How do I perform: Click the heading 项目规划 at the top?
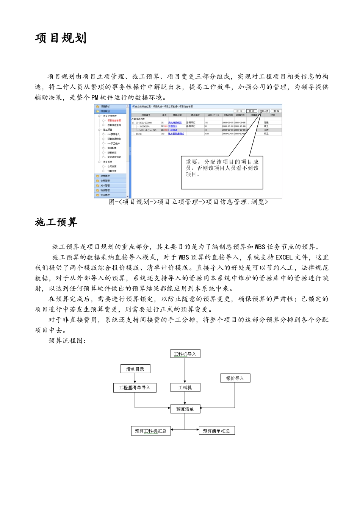pyautogui.click(x=61, y=38)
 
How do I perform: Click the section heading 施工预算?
pyautogui.click(x=56, y=222)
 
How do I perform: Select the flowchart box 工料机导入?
pyautogui.click(x=185, y=354)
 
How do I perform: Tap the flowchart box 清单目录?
pyautogui.click(x=135, y=369)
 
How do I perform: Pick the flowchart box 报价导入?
pyautogui.click(x=235, y=378)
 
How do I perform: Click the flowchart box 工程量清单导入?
pyautogui.click(x=135, y=388)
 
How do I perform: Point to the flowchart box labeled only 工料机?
pyautogui.click(x=185, y=387)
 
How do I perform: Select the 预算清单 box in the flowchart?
pyautogui.click(x=185, y=409)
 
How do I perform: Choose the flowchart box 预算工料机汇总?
pyautogui.click(x=150, y=431)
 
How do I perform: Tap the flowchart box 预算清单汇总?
pyautogui.click(x=216, y=431)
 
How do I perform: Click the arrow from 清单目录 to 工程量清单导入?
pyautogui.click(x=135, y=378)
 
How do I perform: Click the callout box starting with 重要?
pyautogui.click(x=222, y=172)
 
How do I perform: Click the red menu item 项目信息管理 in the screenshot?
pyautogui.click(x=114, y=120)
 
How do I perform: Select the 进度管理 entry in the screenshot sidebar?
pyautogui.click(x=105, y=176)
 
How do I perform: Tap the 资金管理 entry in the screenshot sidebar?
pyautogui.click(x=105, y=195)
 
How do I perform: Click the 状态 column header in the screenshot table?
pyautogui.click(x=272, y=115)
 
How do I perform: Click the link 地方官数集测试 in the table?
pyautogui.click(x=176, y=134)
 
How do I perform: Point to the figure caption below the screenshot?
pyautogui.click(x=188, y=202)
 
